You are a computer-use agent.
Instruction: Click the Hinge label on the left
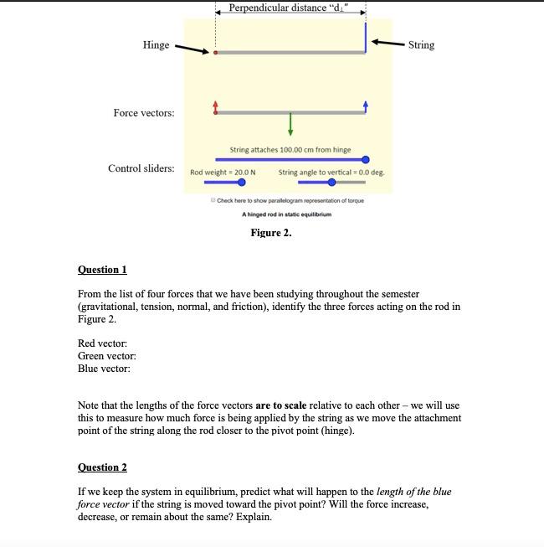[156, 45]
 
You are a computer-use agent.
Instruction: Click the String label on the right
[421, 44]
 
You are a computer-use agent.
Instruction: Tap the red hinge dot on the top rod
[216, 53]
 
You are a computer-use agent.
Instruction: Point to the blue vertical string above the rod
[366, 38]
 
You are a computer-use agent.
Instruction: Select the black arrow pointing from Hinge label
[191, 49]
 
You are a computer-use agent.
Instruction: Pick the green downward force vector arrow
[290, 123]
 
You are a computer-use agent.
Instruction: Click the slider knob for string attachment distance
[366, 159]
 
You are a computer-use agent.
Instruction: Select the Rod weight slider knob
[241, 183]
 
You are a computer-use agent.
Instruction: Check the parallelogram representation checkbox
[214, 200]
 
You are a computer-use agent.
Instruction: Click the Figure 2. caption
[271, 233]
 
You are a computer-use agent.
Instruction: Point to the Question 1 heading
[102, 270]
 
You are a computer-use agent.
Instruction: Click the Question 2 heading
[102, 467]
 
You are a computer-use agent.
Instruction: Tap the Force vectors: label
[144, 113]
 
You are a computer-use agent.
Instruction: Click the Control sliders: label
[141, 168]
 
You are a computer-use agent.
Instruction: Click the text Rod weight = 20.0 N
[223, 172]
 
